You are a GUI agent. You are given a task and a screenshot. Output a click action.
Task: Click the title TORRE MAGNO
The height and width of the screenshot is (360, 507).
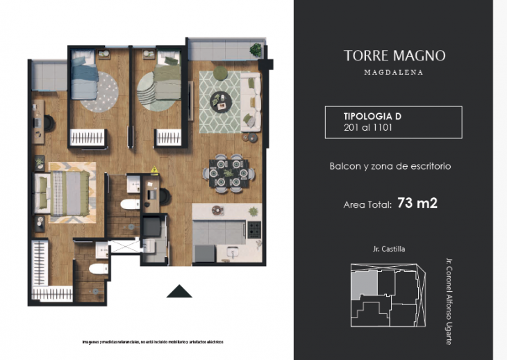tap(394, 56)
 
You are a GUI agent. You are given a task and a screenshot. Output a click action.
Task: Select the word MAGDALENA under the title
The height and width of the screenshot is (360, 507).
tap(394, 72)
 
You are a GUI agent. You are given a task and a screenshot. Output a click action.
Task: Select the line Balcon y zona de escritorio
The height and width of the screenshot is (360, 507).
tap(390, 166)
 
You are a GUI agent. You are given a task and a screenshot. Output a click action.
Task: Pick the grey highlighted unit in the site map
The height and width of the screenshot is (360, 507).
tap(365, 285)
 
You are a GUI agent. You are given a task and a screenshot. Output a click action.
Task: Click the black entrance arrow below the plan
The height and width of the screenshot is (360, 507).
tap(179, 291)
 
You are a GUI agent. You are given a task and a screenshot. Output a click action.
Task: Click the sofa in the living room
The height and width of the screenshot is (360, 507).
tap(251, 103)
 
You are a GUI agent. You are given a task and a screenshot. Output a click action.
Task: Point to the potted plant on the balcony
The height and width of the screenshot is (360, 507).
tap(256, 50)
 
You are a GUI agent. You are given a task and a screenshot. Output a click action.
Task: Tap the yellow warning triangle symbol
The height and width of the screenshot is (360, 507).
tap(154, 169)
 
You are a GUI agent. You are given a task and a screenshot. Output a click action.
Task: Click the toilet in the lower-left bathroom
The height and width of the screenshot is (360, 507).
tap(99, 268)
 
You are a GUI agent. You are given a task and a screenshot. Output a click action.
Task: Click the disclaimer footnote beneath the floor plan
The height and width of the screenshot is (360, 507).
tap(152, 342)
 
